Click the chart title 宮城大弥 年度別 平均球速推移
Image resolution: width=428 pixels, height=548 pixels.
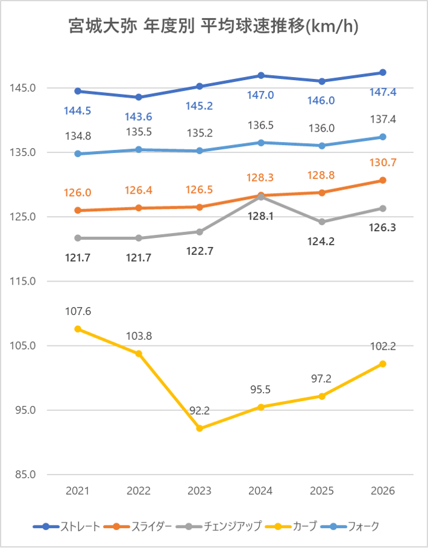click(213, 27)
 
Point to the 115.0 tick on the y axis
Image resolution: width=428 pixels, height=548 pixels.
click(23, 282)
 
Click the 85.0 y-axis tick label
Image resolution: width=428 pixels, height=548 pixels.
click(23, 475)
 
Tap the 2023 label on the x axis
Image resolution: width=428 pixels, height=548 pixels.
click(199, 491)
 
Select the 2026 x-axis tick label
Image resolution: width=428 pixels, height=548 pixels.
click(382, 491)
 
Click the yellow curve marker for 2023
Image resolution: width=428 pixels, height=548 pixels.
click(199, 428)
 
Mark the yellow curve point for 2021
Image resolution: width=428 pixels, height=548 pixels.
click(78, 329)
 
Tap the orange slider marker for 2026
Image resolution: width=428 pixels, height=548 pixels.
click(382, 180)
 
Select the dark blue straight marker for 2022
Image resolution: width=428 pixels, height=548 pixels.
click(138, 97)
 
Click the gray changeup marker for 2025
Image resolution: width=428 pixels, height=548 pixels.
click(322, 222)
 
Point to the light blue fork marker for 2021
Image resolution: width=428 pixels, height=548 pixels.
click(78, 154)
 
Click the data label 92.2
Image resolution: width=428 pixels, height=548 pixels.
click(199, 411)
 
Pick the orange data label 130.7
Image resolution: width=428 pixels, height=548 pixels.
click(382, 163)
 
